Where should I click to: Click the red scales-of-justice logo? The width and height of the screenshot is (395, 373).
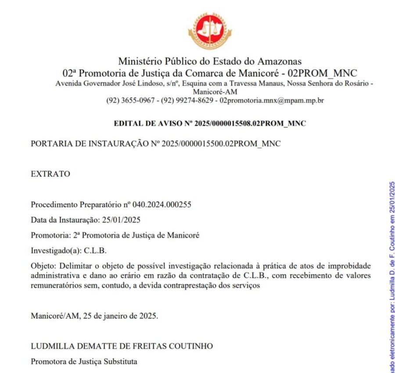tap(210, 31)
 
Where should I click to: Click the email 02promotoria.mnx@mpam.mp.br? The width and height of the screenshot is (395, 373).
tap(272, 100)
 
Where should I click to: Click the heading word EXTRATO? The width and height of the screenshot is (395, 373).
tap(50, 174)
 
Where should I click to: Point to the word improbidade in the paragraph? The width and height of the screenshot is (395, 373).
tap(349, 266)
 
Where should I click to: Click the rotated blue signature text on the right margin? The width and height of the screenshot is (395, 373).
tap(391, 276)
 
